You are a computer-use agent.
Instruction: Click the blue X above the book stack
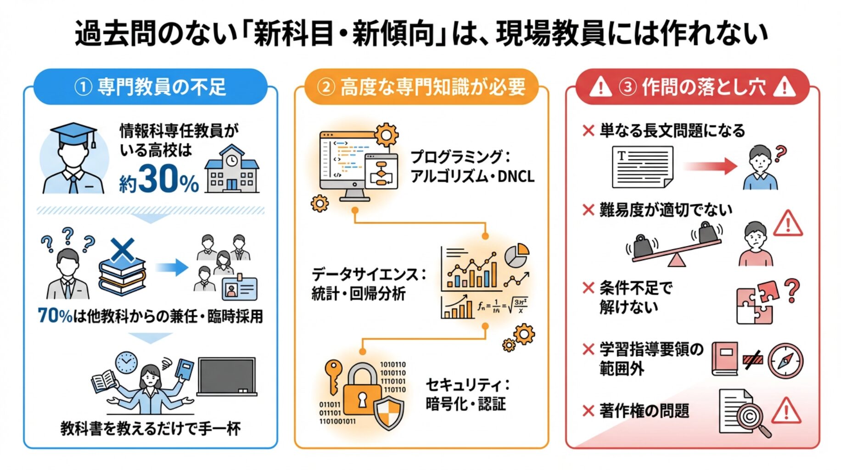pyautogui.click(x=122, y=250)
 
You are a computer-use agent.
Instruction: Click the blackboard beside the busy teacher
pyautogui.click(x=227, y=376)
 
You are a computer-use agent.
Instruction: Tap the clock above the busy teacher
pyautogui.click(x=126, y=363)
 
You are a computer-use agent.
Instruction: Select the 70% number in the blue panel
pyautogui.click(x=55, y=316)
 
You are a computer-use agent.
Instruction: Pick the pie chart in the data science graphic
pyautogui.click(x=516, y=255)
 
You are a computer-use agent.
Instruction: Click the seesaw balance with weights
pyautogui.click(x=674, y=246)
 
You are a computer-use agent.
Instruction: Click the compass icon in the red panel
pyautogui.click(x=785, y=361)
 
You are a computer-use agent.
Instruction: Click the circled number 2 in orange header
pyautogui.click(x=325, y=87)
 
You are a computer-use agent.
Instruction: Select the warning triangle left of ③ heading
pyautogui.click(x=600, y=87)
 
